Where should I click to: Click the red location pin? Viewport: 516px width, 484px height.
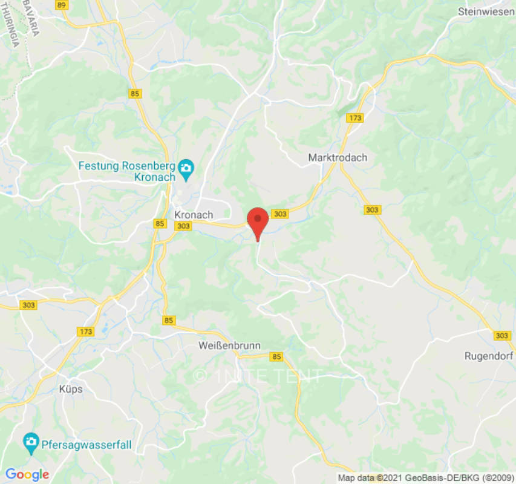click(x=258, y=221)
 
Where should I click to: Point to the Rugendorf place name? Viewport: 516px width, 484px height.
click(x=489, y=356)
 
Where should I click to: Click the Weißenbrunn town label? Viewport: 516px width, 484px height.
click(x=229, y=346)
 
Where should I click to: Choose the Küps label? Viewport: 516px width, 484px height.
click(x=71, y=389)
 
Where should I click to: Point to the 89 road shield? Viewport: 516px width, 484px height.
click(x=61, y=5)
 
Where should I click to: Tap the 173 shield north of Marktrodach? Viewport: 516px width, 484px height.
click(x=355, y=118)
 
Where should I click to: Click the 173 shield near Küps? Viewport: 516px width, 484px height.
click(x=86, y=332)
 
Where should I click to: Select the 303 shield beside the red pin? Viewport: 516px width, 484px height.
click(x=279, y=214)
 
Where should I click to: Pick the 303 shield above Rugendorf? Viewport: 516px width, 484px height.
click(x=501, y=335)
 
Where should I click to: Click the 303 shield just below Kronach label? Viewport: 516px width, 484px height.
click(x=183, y=226)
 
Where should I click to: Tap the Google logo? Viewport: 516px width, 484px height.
click(x=26, y=474)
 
